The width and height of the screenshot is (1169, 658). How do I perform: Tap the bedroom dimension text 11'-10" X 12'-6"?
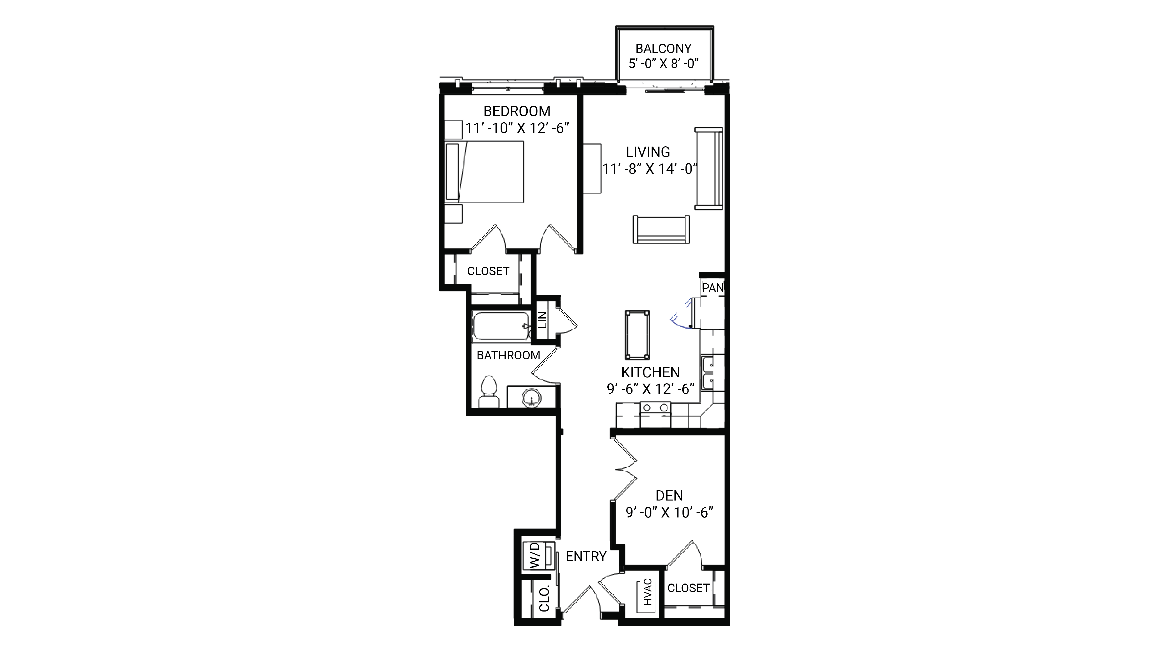[517, 128]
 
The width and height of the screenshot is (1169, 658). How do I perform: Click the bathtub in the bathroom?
[501, 326]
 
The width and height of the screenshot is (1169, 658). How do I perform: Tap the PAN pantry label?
[713, 288]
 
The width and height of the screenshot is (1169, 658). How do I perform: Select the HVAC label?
[648, 592]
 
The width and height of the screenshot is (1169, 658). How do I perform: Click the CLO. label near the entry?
[544, 598]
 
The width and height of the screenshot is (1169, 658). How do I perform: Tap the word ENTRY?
[586, 556]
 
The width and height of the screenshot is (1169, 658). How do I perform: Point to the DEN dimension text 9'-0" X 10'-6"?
[669, 512]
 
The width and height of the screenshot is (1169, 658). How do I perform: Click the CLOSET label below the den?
[688, 588]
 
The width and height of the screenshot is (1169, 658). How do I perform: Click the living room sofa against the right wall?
[708, 168]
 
